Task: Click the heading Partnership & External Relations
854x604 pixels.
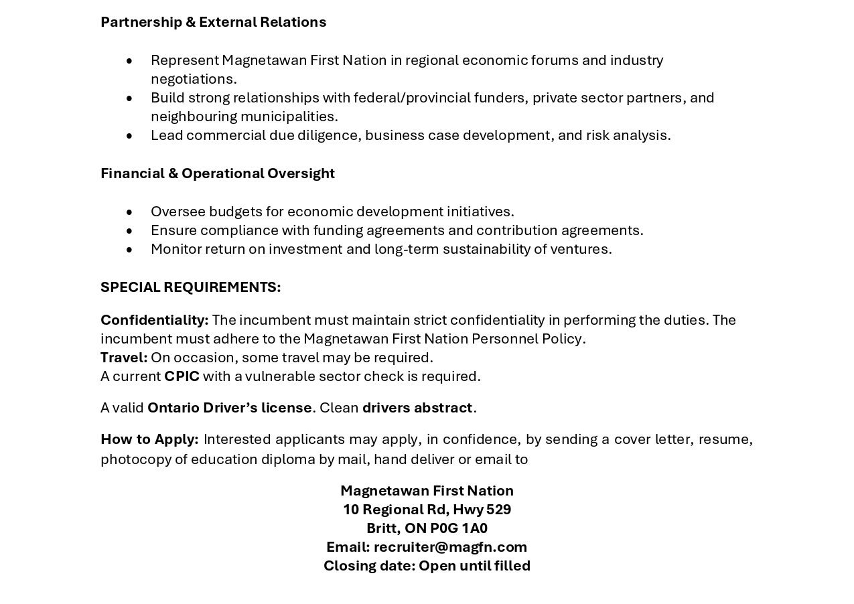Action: (213, 22)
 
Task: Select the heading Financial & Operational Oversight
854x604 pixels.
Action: (218, 173)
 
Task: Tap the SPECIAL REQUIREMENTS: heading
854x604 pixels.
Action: (191, 287)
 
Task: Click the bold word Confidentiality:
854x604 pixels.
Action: (155, 320)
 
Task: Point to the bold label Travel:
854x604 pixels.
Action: (124, 358)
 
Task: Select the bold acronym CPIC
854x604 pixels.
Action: (182, 376)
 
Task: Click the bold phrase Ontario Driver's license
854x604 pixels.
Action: (230, 408)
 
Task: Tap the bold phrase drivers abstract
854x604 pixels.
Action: (417, 408)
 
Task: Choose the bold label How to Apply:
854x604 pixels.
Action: (149, 439)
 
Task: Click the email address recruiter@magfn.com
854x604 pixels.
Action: (450, 547)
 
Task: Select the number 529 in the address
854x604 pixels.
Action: (499, 510)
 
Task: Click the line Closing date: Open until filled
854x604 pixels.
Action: (427, 566)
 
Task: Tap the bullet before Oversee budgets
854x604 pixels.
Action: (129, 212)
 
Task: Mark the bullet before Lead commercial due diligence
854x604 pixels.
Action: (129, 136)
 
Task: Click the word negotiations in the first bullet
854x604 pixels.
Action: (194, 79)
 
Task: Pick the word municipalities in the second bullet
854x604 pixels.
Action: (289, 117)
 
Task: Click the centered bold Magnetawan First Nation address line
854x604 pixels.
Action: (427, 491)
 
